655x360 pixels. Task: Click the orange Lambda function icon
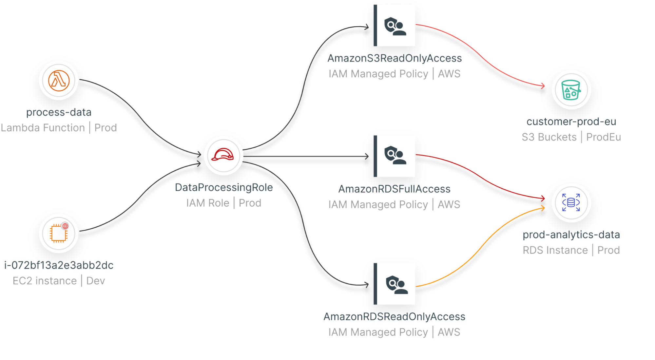click(59, 80)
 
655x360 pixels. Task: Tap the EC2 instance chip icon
click(59, 234)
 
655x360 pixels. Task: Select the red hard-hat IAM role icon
click(223, 155)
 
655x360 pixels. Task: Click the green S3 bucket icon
click(571, 90)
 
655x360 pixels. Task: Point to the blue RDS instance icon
click(571, 202)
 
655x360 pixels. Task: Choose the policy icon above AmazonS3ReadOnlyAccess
click(395, 26)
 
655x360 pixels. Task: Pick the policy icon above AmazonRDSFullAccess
click(395, 156)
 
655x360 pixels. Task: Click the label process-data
click(59, 112)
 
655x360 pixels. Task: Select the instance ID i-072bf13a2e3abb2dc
click(59, 265)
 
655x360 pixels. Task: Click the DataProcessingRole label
click(224, 187)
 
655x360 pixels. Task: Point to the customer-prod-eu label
click(571, 122)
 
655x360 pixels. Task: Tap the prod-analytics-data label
click(571, 235)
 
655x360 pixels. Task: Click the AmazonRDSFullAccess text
click(394, 189)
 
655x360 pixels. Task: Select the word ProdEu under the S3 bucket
click(603, 137)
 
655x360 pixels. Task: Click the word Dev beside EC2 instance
click(95, 281)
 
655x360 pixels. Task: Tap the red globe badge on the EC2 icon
click(65, 226)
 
